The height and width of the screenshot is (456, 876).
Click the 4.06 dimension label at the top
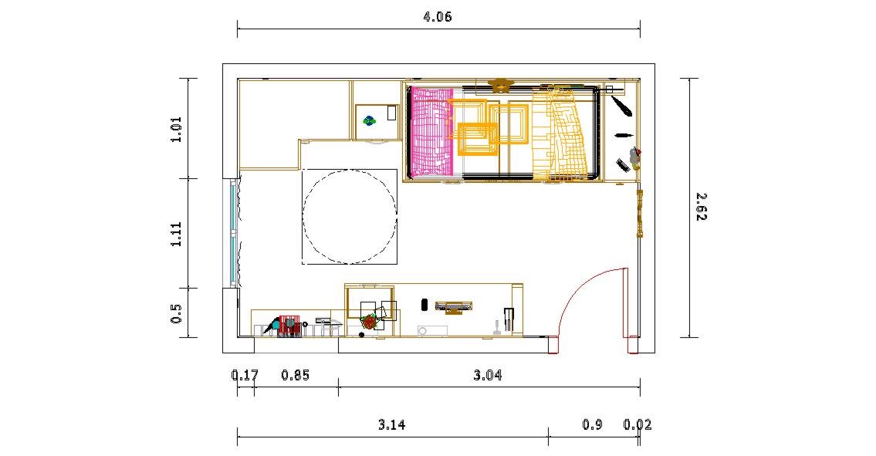[x=438, y=17]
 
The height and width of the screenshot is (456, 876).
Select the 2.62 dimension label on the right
[x=701, y=207]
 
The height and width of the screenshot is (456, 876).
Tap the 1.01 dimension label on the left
[x=176, y=129]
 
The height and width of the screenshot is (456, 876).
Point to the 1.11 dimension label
[x=176, y=234]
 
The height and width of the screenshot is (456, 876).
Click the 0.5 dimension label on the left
[x=176, y=313]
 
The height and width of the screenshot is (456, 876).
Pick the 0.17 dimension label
[x=245, y=375]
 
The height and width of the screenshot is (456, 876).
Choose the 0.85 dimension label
[x=295, y=375]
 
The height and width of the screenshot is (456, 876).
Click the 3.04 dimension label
[x=488, y=375]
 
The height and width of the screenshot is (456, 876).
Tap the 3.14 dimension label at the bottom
[x=391, y=424]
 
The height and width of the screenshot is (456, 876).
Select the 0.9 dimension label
[x=592, y=424]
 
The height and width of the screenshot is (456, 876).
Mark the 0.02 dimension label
[x=638, y=424]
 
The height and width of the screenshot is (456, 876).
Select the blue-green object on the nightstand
[x=369, y=120]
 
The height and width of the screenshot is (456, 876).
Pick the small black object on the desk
[x=424, y=305]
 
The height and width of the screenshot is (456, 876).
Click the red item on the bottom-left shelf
[x=289, y=326]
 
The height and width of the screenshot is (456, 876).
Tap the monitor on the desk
[x=454, y=307]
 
